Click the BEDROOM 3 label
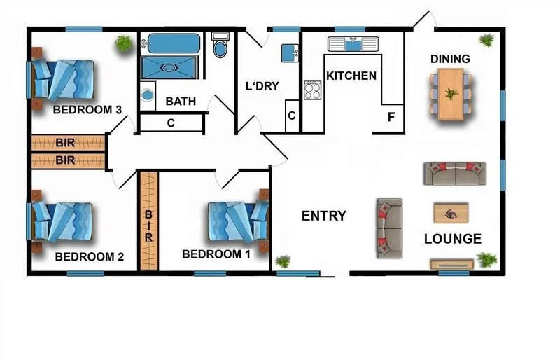88,110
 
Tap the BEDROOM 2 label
89,256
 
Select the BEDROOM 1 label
216,254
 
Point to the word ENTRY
323,216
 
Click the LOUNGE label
453,239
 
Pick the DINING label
450,59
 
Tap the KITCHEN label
351,76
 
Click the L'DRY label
262,86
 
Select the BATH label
180,102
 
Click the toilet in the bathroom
220,46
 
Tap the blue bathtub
171,43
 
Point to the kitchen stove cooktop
312,90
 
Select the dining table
451,93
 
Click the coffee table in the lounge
451,212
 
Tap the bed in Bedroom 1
238,221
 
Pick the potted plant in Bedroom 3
124,43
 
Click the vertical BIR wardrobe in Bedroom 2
148,221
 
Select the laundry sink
290,53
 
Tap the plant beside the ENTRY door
283,261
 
